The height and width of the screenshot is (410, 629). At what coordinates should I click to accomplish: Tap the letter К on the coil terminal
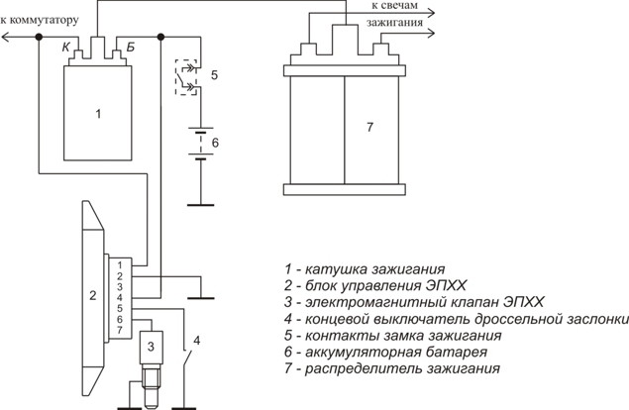pyautogui.click(x=65, y=46)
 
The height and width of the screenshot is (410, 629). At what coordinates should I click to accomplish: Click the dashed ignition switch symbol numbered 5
pyautogui.click(x=186, y=76)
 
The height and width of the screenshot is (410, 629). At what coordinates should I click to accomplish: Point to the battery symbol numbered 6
pyautogui.click(x=201, y=143)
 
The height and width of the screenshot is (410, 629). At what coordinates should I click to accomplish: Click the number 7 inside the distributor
pyautogui.click(x=369, y=128)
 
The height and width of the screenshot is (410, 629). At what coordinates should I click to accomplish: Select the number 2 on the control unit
pyautogui.click(x=92, y=295)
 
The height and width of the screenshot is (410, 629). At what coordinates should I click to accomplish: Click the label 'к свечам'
pyautogui.click(x=382, y=7)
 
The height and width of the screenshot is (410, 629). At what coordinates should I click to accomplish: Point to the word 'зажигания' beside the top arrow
pyautogui.click(x=395, y=21)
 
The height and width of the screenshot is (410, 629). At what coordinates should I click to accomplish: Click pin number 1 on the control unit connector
pyautogui.click(x=119, y=264)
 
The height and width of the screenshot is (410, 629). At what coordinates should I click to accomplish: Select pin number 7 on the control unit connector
pyautogui.click(x=119, y=329)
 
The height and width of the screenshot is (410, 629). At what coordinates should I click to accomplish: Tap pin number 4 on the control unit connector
pyautogui.click(x=119, y=297)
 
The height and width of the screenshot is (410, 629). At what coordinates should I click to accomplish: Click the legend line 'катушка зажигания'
pyautogui.click(x=363, y=268)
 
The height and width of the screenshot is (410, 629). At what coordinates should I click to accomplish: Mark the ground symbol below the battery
pyautogui.click(x=201, y=205)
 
